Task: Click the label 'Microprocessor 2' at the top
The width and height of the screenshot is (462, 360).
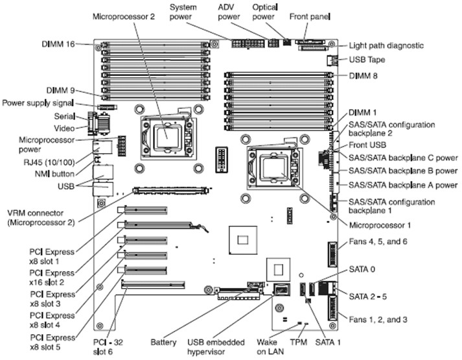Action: click(x=124, y=16)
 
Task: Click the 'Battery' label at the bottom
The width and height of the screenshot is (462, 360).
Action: click(x=163, y=341)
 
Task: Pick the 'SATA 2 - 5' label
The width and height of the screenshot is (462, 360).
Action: click(x=369, y=296)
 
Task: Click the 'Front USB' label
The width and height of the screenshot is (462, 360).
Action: click(x=367, y=145)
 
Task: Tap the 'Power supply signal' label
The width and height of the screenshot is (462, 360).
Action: click(x=38, y=102)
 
